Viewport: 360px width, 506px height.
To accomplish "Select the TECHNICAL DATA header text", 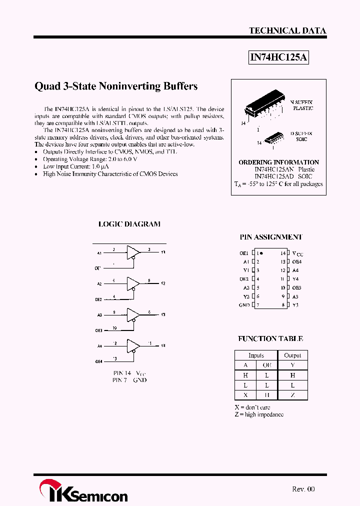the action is (x=287, y=30).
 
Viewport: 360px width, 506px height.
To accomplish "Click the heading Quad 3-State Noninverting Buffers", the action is (x=116, y=86).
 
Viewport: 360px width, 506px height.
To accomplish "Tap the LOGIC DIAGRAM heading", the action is (x=129, y=224).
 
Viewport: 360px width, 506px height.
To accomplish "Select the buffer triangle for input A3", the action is (x=132, y=314).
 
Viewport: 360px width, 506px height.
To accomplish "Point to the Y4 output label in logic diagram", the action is (x=163, y=345).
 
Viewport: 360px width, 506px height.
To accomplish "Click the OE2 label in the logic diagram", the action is (x=98, y=299).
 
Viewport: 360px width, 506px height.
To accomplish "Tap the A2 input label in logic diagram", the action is (x=99, y=283).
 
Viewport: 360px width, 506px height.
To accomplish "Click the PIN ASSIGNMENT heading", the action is (x=271, y=237).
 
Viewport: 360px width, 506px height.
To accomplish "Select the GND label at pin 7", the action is (x=244, y=305).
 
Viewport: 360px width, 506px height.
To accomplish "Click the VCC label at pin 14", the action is (x=297, y=253).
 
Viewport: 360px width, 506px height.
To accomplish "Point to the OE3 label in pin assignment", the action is (x=297, y=287).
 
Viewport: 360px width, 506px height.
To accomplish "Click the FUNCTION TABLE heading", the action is (x=270, y=339).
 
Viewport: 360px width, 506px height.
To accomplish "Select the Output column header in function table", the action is (x=292, y=355).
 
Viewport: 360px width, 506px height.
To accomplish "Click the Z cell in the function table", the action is (x=292, y=395).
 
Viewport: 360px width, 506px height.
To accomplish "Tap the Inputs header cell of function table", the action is (x=256, y=355).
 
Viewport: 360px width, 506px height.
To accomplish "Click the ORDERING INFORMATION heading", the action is (x=278, y=162).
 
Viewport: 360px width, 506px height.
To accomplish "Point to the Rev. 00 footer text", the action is (x=303, y=489).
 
